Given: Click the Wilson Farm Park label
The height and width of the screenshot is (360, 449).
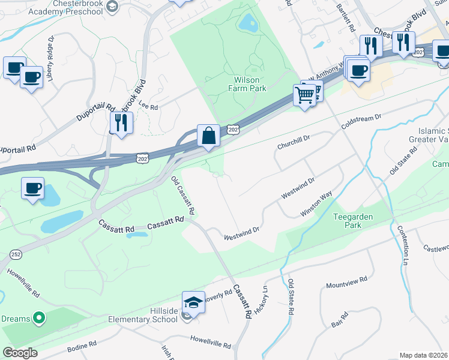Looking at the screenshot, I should (x=247, y=83).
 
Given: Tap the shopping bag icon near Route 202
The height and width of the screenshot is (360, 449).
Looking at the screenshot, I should (x=208, y=136).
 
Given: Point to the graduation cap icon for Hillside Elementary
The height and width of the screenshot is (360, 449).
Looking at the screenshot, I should (x=194, y=302).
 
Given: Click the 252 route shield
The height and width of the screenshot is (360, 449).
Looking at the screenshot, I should (x=13, y=253).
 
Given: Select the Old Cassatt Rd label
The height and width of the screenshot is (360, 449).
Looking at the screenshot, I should (x=183, y=196).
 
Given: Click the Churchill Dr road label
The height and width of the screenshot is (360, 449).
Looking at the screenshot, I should (x=293, y=142).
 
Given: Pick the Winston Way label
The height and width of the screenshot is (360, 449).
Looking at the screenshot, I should (x=317, y=204).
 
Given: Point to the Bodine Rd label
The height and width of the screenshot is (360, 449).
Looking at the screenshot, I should (x=82, y=346).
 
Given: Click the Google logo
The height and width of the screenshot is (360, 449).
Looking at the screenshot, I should (x=20, y=353).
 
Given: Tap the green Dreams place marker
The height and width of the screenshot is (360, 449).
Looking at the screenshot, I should (x=39, y=317).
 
